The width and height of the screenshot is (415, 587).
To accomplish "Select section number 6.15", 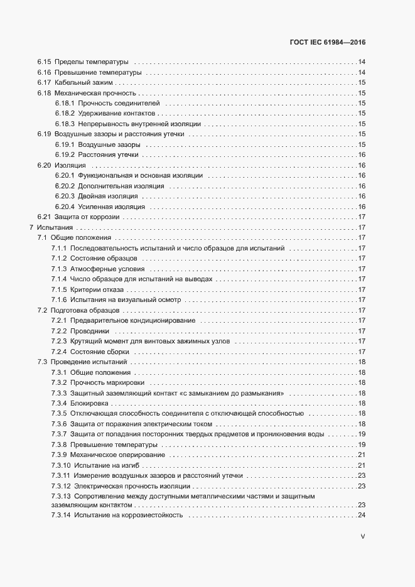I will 43,62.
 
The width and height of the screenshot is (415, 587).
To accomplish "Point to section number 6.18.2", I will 65,114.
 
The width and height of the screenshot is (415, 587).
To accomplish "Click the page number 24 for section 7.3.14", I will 362,515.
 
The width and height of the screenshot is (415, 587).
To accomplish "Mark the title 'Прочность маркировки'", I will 107,382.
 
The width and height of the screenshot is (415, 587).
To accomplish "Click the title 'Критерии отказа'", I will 97,289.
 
